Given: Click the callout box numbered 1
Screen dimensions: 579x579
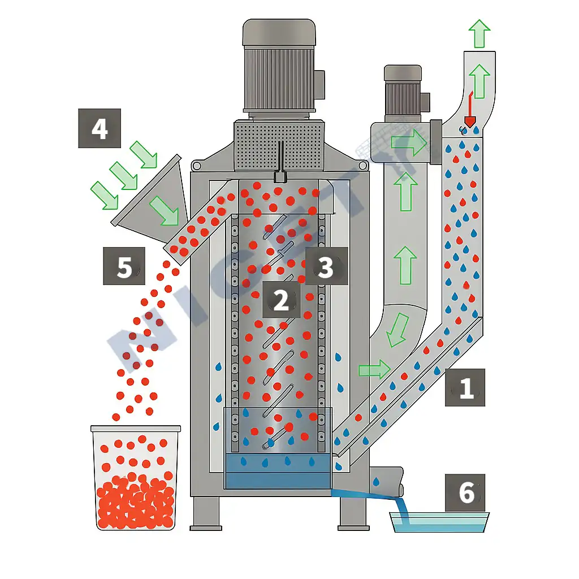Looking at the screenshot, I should [x=465, y=387].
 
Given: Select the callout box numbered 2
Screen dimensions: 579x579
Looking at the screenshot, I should [x=281, y=300].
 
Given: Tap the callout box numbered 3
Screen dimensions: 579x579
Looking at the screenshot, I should [x=326, y=266].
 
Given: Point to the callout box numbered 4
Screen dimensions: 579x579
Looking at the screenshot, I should [x=100, y=128].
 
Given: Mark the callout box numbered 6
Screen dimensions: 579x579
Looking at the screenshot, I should [x=465, y=492].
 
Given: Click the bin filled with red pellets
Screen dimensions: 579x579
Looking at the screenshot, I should [x=136, y=478].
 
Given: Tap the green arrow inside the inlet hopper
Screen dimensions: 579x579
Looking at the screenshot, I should [x=163, y=210].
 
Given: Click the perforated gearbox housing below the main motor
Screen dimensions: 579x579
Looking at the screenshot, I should [x=279, y=145].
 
